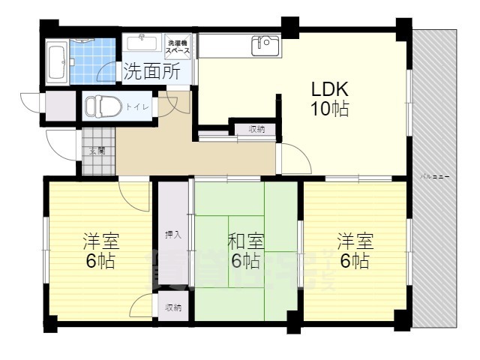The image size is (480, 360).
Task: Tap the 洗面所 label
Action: pyautogui.click(x=151, y=72)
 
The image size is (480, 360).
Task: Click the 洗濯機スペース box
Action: pyautogui.click(x=177, y=46)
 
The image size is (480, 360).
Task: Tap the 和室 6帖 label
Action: pyautogui.click(x=245, y=250)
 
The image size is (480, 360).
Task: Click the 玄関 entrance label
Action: pyautogui.click(x=97, y=150)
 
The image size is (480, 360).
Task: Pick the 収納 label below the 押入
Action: pyautogui.click(x=173, y=307)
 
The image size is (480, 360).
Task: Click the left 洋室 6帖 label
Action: pyautogui.click(x=100, y=250)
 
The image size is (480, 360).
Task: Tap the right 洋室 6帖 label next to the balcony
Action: pyautogui.click(x=353, y=250)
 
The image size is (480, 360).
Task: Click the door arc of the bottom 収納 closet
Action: pyautogui.click(x=142, y=306)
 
